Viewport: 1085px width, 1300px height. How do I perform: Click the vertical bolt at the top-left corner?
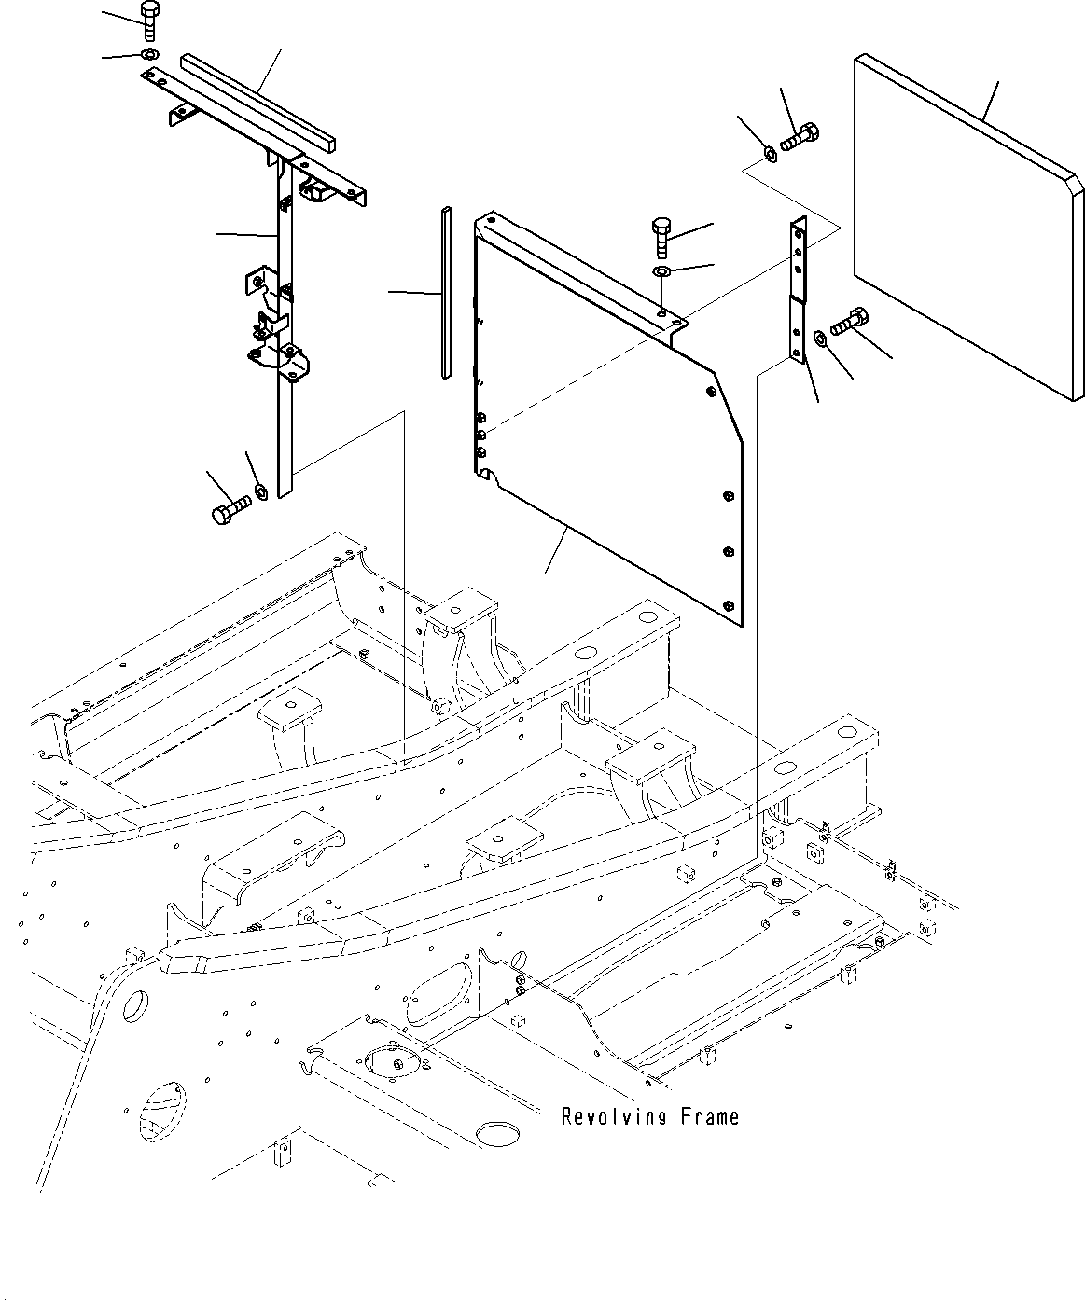click(x=150, y=21)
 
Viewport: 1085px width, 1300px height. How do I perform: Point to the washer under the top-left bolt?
click(x=149, y=55)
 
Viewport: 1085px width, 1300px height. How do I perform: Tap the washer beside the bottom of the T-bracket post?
click(x=260, y=490)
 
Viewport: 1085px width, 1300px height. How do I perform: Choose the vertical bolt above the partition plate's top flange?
click(x=659, y=237)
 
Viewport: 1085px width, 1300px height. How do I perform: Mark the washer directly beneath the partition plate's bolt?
click(x=660, y=271)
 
